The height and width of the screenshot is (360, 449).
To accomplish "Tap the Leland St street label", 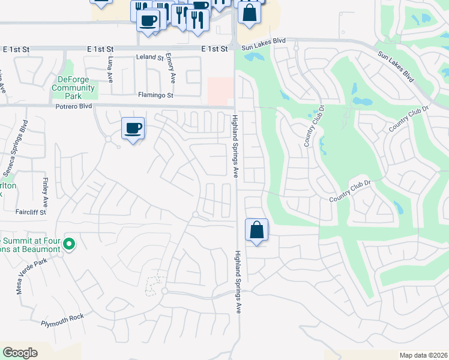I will [150, 58].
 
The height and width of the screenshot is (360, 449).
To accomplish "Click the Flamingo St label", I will [155, 95].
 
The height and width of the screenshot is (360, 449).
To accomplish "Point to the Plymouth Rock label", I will [62, 323].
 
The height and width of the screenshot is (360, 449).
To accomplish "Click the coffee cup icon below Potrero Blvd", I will [133, 128].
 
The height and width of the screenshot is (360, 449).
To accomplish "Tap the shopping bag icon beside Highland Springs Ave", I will [256, 229].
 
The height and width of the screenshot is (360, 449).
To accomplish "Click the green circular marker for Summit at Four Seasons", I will [69, 244].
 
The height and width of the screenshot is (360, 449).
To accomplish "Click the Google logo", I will [20, 353].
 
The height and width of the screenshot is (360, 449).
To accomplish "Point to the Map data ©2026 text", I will [424, 355].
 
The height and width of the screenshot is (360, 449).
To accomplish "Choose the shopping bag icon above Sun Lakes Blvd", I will [249, 12].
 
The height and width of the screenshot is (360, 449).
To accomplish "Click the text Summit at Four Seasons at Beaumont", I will [30, 244].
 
